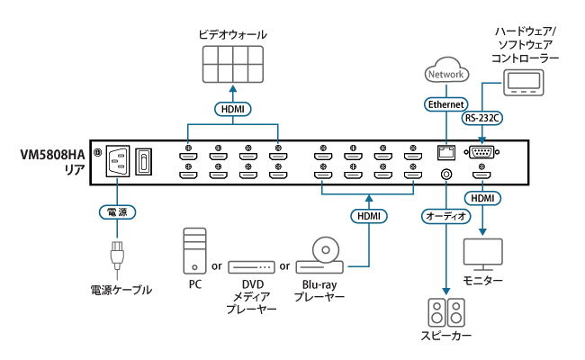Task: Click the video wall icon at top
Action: [233, 66]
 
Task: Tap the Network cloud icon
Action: [447, 73]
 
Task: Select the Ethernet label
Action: [445, 104]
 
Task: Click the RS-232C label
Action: [482, 117]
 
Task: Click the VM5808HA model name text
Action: [53, 154]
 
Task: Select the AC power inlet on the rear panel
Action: [118, 162]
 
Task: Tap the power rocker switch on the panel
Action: [143, 162]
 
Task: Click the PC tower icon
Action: [193, 251]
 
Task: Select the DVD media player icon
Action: [251, 267]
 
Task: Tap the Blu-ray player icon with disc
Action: [320, 256]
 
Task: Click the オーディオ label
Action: [445, 216]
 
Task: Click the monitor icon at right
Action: [483, 254]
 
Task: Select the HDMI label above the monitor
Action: [483, 197]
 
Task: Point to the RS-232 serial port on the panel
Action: [482, 152]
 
